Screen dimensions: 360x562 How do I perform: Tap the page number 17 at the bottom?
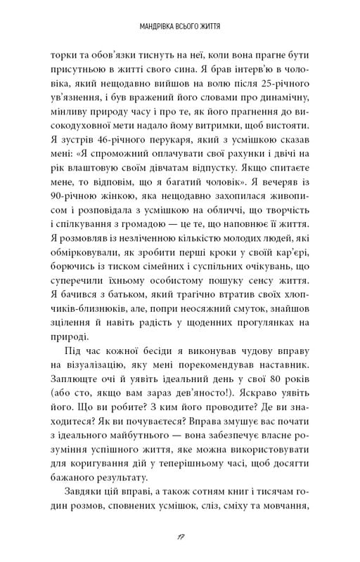(180, 536)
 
